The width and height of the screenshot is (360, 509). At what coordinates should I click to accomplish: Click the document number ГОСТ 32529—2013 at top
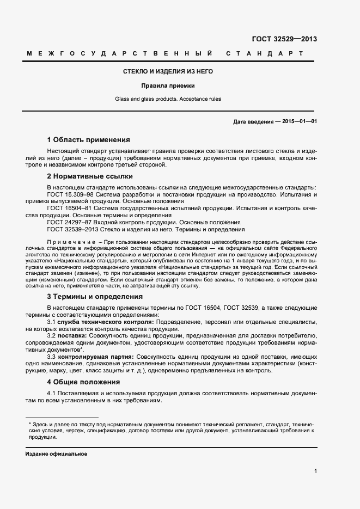pos(284,39)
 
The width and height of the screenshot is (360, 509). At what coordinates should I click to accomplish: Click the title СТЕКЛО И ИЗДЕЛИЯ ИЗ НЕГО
pos(168,71)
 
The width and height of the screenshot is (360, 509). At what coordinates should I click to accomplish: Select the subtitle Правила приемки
pos(168,85)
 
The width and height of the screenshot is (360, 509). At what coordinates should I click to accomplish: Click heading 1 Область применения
pos(88,139)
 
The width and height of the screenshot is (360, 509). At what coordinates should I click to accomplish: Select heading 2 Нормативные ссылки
pos(90,176)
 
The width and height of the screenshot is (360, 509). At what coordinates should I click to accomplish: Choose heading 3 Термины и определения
pos(95,297)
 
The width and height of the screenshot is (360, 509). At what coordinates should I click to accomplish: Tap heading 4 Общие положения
pos(83,382)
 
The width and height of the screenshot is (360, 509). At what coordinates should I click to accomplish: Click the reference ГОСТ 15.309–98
pos(69,194)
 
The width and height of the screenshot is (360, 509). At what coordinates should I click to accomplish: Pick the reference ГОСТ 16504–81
pos(68,208)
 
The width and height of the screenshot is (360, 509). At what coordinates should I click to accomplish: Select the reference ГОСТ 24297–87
pos(68,222)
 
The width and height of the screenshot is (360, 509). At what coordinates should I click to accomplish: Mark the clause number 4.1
pos(52,394)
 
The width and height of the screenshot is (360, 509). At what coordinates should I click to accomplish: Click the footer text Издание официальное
pos(56,453)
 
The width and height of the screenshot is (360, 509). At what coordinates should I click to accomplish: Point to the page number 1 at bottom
pos(315,471)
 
